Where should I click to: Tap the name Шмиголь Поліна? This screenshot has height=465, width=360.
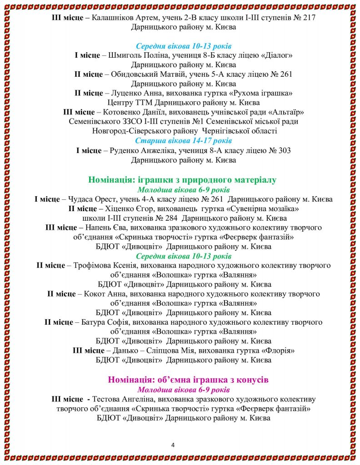pos(135,55)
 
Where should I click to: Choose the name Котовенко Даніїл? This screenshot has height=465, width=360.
pos(133,112)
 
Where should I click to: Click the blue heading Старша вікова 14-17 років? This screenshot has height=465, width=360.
pos(183,141)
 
